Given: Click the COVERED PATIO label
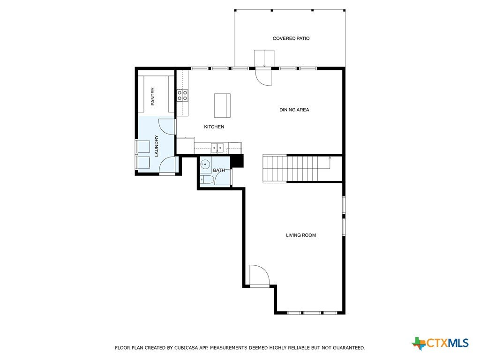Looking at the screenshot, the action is (291, 38).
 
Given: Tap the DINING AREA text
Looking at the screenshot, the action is (294, 110).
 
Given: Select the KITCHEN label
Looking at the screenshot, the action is (214, 127).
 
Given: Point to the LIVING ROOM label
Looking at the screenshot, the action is (301, 235).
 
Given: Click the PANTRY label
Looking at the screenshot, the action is (153, 97).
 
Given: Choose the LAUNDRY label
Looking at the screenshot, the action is (157, 146).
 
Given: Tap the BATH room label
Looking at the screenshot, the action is (219, 170).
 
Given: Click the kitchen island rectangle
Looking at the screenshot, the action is (222, 105).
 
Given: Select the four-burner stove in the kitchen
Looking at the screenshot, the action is (182, 95).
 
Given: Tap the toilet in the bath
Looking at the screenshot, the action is (206, 180).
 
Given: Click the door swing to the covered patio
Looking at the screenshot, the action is (264, 78).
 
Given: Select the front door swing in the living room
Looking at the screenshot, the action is (260, 275).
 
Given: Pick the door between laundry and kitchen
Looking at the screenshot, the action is (167, 126).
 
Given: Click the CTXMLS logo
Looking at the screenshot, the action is (440, 343).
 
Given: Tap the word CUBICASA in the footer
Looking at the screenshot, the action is (187, 348).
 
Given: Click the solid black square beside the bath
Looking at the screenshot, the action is (237, 161).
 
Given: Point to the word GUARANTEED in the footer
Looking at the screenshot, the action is (349, 348).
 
